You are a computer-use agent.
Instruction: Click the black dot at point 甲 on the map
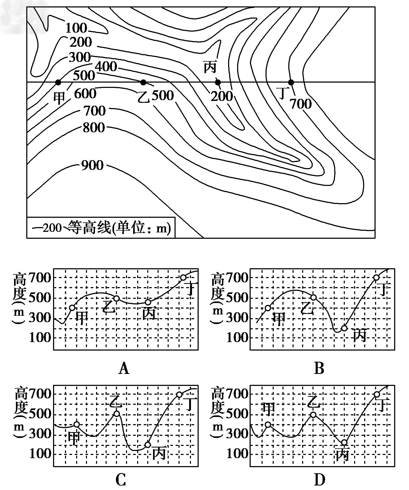pos(58,82)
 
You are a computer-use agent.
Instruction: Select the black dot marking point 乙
pos(143,82)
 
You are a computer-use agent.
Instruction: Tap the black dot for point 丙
pos(218,82)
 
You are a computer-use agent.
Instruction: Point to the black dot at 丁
pos(291,82)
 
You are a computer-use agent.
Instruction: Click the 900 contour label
pos(92,165)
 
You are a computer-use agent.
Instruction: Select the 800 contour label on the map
pos(94,128)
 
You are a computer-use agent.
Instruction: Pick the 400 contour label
pos(106,66)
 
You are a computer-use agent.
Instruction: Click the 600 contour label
pos(85,94)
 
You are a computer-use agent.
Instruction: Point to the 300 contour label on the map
pos(80,57)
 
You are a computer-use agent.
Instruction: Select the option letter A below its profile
pos(124,368)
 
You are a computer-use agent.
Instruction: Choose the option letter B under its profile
pos(319,368)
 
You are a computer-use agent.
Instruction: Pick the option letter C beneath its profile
pos(121,480)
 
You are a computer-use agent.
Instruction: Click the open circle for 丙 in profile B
pos(344,328)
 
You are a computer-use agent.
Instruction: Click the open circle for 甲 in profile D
pos(268,424)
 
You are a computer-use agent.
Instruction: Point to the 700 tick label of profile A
pos(40,278)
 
